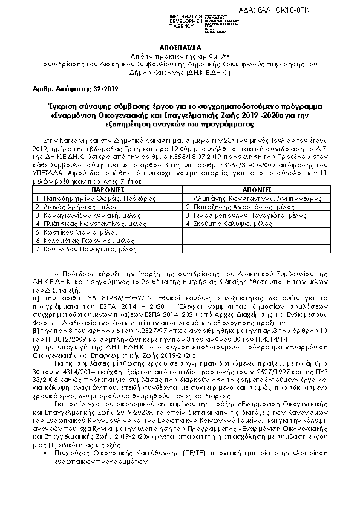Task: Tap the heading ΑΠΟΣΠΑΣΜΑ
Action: tap(180, 45)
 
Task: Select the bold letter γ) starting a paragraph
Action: tap(37, 349)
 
